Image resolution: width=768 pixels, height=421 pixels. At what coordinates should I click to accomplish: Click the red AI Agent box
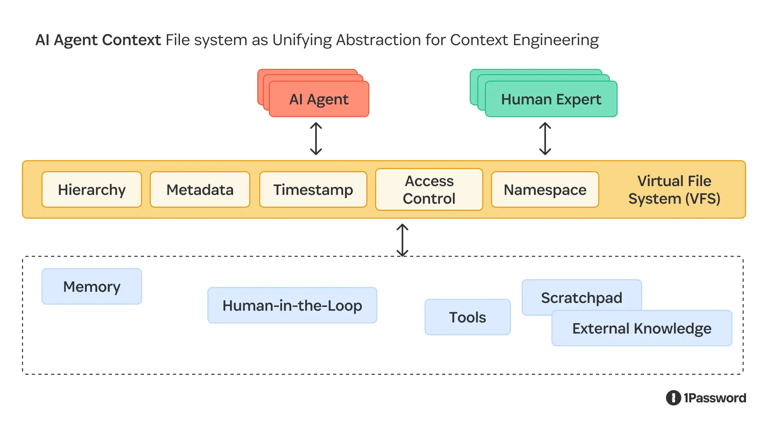(319, 99)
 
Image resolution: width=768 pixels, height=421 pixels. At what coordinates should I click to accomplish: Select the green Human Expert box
(551, 99)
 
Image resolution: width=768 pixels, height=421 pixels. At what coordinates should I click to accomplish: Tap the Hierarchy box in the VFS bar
(92, 190)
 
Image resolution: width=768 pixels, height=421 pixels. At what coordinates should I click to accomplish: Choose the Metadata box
(200, 190)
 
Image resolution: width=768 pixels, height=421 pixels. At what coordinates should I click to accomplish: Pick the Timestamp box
(313, 190)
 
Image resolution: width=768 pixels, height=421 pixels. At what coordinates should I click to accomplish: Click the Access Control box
(429, 190)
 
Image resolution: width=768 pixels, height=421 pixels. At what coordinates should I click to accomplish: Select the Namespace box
(545, 190)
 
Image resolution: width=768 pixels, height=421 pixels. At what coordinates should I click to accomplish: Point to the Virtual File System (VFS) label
(674, 190)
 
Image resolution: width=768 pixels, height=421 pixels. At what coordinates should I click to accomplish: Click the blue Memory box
(92, 287)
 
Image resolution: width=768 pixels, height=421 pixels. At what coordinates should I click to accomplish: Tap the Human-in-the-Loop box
(292, 305)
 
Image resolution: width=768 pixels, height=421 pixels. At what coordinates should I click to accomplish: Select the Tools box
(467, 317)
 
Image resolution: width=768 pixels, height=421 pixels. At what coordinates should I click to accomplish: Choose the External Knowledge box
(642, 329)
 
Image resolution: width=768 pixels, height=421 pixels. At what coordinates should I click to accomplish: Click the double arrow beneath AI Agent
(316, 138)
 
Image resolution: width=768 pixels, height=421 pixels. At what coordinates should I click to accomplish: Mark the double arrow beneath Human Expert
(545, 138)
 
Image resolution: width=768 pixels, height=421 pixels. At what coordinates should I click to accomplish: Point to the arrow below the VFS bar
(402, 240)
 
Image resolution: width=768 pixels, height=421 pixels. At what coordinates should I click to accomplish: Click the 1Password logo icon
(673, 398)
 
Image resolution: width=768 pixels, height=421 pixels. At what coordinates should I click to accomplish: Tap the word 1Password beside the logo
(715, 398)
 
